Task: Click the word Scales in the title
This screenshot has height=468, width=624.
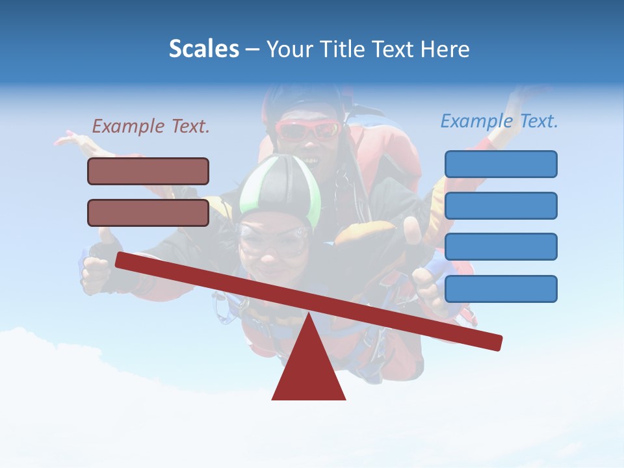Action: (x=203, y=49)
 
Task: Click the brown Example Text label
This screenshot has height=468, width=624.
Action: (x=151, y=127)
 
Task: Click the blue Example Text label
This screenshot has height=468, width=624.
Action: (x=499, y=121)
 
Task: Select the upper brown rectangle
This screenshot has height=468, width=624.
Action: (x=148, y=171)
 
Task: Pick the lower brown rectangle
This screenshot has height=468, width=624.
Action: (x=148, y=213)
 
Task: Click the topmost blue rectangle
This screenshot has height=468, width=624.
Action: (x=500, y=164)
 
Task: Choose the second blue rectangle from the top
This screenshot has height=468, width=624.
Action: (x=500, y=205)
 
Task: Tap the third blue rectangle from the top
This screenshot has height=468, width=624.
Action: (x=500, y=247)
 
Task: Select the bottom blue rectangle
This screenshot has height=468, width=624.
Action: (x=500, y=289)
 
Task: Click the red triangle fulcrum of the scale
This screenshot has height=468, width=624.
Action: (x=309, y=367)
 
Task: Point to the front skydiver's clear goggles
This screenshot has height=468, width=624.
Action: (x=273, y=239)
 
